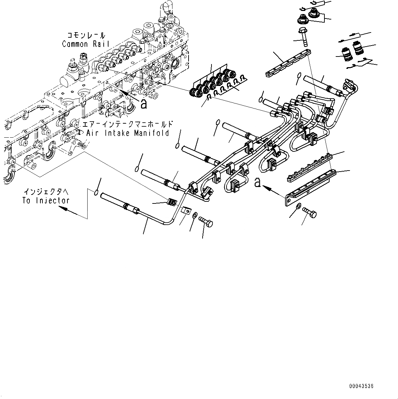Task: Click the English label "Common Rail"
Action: [86, 44]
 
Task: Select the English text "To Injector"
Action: [46, 201]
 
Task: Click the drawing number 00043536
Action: [361, 386]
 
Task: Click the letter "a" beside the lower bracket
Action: [257, 183]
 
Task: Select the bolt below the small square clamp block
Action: [205, 222]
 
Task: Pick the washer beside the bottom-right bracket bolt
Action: [298, 206]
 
